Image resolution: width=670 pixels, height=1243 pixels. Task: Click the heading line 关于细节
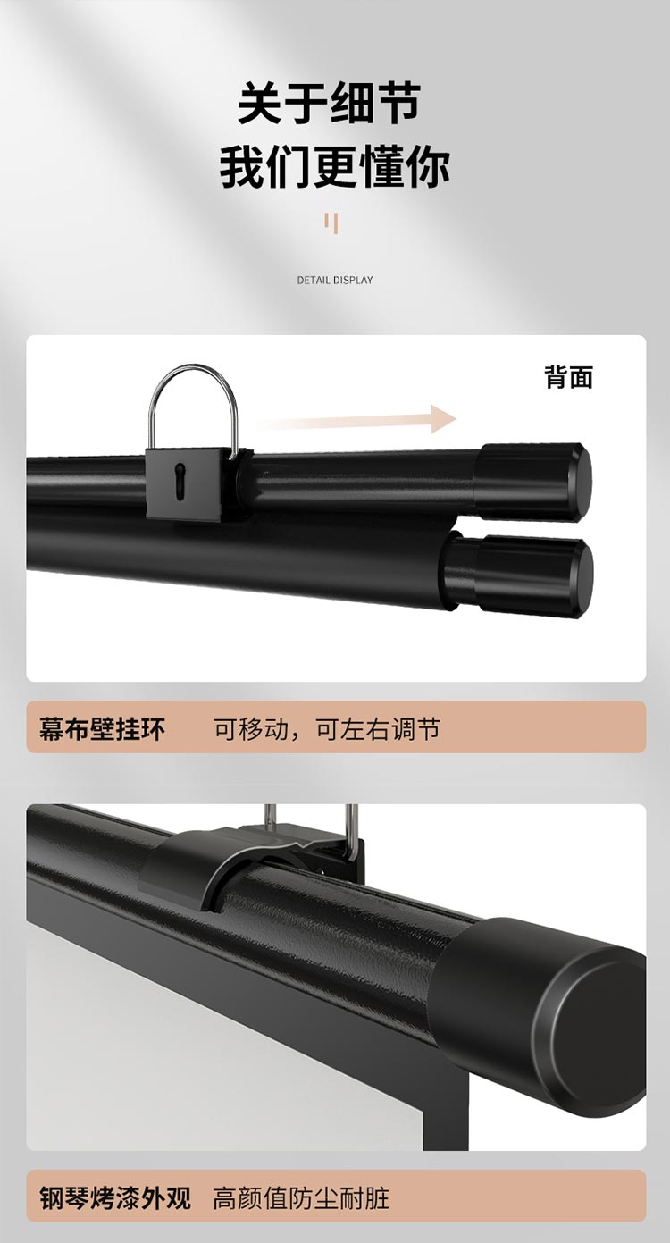pyautogui.click(x=329, y=104)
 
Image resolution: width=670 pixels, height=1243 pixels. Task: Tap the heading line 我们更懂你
pyautogui.click(x=334, y=167)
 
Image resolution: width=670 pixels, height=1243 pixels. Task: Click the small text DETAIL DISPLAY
pyautogui.click(x=335, y=281)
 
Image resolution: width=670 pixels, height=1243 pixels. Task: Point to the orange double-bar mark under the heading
pyautogui.click(x=331, y=223)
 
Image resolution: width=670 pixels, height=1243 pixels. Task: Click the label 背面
pyautogui.click(x=569, y=377)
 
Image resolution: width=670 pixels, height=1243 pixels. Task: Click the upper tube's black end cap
pyautogui.click(x=533, y=483)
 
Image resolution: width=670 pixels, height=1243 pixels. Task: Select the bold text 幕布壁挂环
pyautogui.click(x=102, y=729)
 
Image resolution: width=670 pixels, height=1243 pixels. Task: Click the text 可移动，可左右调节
pyautogui.click(x=327, y=729)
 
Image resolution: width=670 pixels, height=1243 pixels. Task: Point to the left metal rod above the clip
pyautogui.click(x=270, y=816)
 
